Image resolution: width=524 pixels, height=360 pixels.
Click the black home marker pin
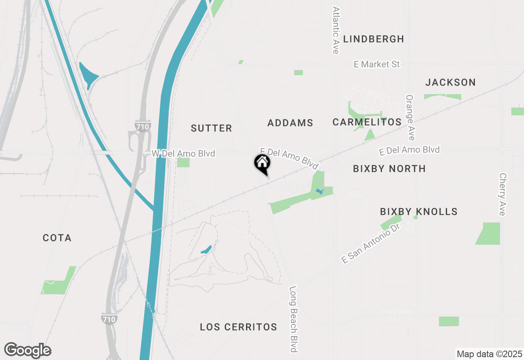(262, 164)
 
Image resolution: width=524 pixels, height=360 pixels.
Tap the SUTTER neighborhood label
(211, 128)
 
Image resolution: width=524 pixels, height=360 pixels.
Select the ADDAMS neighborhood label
(290, 123)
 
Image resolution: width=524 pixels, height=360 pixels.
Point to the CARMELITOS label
(367, 122)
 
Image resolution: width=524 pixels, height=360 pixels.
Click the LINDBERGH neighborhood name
(373, 39)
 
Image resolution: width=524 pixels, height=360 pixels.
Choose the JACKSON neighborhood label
(450, 83)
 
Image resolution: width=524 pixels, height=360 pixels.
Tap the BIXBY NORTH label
(389, 169)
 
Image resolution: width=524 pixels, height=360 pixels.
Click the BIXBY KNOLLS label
(418, 212)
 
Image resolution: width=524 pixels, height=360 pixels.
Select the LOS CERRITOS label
(238, 327)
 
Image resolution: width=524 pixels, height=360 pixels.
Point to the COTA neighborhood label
(57, 238)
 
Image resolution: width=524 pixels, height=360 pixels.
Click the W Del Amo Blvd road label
(183, 154)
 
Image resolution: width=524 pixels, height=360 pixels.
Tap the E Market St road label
(377, 65)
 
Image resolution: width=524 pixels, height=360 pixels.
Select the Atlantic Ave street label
(336, 30)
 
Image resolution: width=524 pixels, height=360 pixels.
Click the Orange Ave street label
(410, 118)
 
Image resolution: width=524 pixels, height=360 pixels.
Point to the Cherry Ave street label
(502, 194)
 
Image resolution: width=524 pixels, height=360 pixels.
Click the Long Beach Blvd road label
(293, 319)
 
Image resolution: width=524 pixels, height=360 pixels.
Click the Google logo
(27, 351)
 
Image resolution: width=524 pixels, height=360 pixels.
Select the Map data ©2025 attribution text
(489, 354)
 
